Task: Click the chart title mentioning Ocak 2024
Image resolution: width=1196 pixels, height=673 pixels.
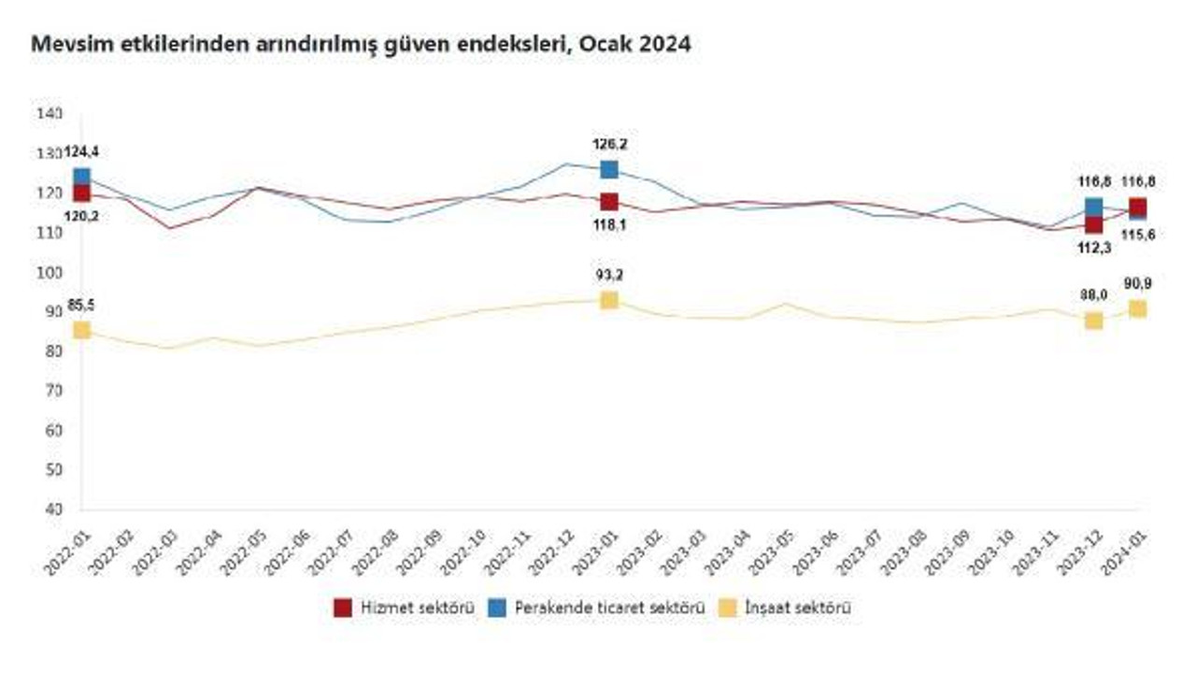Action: tap(362, 44)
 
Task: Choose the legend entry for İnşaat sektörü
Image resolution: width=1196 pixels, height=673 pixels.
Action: tap(785, 609)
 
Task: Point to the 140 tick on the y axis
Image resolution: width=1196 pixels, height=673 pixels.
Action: tap(50, 114)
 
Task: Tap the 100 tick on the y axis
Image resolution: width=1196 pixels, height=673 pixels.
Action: tap(50, 273)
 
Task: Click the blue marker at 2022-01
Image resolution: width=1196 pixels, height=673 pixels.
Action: tap(82, 177)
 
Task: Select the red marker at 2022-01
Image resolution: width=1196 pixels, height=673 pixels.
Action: tap(82, 193)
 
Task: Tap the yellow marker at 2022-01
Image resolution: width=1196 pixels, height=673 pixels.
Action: tap(82, 330)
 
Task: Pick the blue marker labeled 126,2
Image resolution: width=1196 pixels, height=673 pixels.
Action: tap(609, 169)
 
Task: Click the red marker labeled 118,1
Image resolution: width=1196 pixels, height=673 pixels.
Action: tap(609, 202)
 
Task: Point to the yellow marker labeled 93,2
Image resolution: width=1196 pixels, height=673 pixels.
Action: tap(609, 300)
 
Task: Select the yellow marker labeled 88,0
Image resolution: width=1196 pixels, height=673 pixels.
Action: tap(1093, 321)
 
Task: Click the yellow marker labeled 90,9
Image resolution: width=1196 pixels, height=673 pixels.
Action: tap(1137, 309)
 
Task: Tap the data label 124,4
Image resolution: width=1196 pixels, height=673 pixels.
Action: tap(81, 151)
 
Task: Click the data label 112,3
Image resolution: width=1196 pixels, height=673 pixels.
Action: tap(1093, 248)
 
